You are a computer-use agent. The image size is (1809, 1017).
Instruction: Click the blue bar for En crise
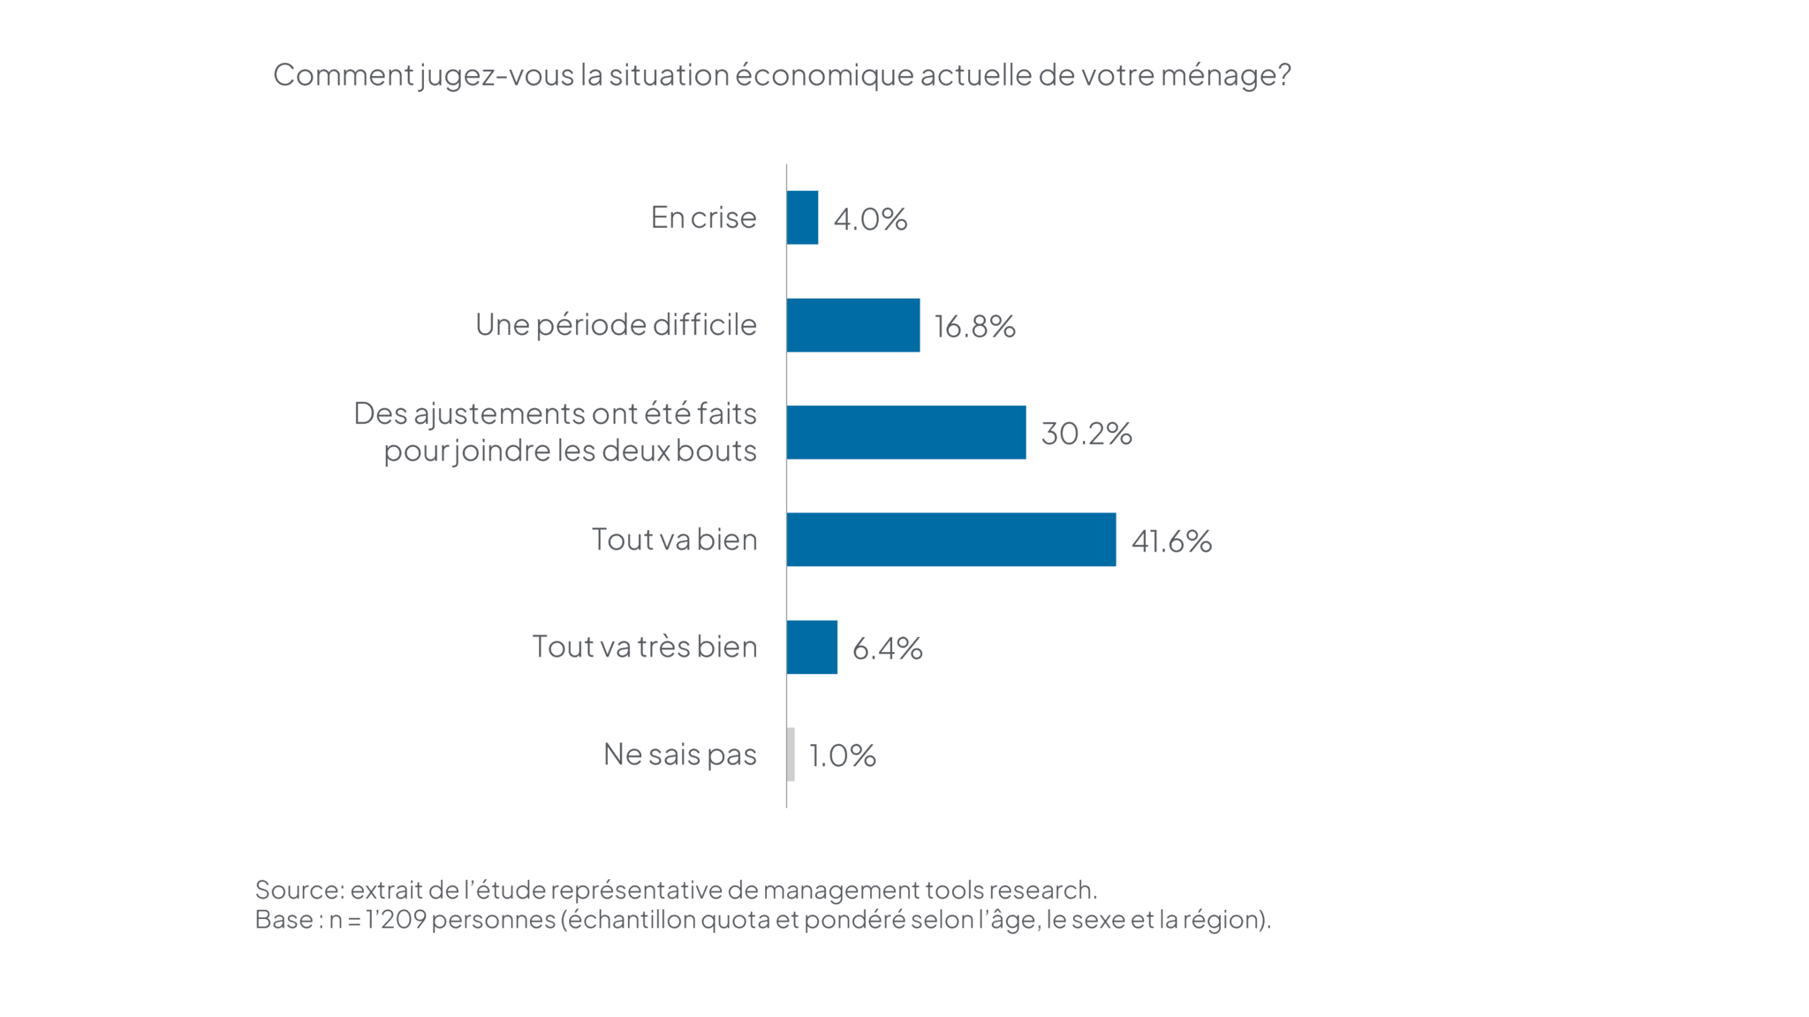tap(802, 217)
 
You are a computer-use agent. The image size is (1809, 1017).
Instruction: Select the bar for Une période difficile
tap(852, 325)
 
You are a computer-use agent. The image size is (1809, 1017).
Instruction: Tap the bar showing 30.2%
tap(905, 432)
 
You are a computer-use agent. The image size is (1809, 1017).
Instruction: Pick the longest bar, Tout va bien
tap(950, 539)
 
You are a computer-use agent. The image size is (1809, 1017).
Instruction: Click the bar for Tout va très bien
tap(812, 647)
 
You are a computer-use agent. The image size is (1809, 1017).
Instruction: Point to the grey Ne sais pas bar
tap(791, 754)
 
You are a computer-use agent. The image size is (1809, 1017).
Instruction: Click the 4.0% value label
tap(870, 219)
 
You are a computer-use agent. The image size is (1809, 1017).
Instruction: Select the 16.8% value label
tap(974, 327)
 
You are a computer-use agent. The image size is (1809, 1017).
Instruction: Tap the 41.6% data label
tap(1171, 541)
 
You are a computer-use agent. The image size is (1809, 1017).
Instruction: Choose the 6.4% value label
tap(887, 649)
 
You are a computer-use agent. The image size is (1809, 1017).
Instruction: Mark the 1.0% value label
tap(842, 755)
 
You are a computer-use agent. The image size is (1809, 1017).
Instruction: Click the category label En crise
tap(703, 217)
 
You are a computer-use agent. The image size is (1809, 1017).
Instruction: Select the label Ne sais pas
tap(679, 754)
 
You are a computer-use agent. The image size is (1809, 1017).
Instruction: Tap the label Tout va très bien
tap(644, 647)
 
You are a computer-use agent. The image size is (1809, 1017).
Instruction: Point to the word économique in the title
tap(823, 75)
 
